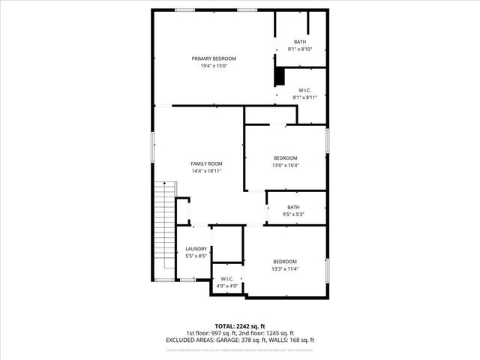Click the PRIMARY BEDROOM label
coord(214,58)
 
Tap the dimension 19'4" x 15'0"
coord(214,66)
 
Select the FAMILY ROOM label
coord(206,163)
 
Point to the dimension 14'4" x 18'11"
coord(206,171)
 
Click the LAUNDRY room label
coord(196,249)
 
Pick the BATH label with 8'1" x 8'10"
coord(300,42)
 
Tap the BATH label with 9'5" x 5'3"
coord(293,208)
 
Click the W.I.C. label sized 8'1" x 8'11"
coord(305,90)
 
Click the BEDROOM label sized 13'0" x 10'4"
coord(285,157)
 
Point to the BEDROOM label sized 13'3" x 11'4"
coord(285,262)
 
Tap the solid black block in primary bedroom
coord(280,76)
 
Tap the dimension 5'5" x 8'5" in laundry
coord(196,256)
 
